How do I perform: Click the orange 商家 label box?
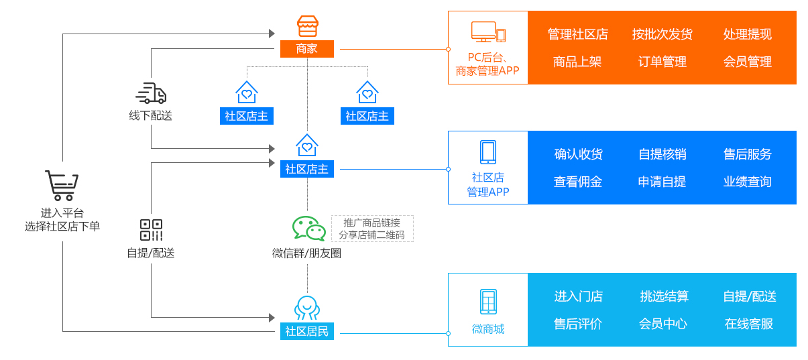pos(306,49)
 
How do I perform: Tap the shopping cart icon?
pos(62,185)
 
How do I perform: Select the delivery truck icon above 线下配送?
pos(151,93)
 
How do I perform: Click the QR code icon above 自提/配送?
pos(151,230)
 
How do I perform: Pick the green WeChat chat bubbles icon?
pos(308,229)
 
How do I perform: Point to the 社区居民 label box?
pos(306,331)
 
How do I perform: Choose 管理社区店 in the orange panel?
pos(577,34)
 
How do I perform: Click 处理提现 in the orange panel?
pos(747,34)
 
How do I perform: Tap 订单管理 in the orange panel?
pos(662,62)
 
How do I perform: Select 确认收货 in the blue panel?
pos(578,154)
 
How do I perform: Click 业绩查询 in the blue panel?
pos(747,182)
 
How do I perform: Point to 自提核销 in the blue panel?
pos(662,154)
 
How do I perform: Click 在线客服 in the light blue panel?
pos(748,324)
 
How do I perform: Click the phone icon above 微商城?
pos(488,302)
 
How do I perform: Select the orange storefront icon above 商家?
pos(307,27)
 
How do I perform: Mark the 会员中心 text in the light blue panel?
pos(662,324)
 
